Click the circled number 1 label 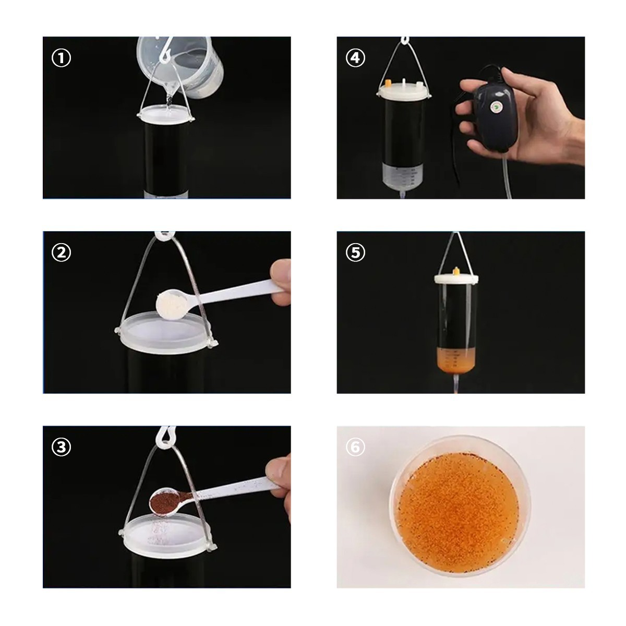point(61,58)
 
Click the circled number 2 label point(61,252)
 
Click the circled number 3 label point(61,447)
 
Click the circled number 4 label point(356,58)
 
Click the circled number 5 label point(356,252)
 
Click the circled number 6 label point(356,447)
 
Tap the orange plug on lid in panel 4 point(388,82)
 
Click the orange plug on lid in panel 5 point(456,271)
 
